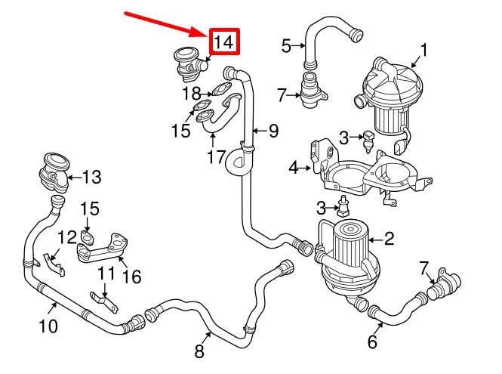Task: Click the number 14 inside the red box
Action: click(x=224, y=42)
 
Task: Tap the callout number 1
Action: click(x=423, y=51)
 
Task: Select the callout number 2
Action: click(x=390, y=240)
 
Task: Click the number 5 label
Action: click(x=286, y=46)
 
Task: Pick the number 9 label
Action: click(x=273, y=131)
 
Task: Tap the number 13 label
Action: click(x=91, y=178)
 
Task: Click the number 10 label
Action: click(x=48, y=327)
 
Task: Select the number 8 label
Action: click(x=199, y=351)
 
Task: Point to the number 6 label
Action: click(x=371, y=342)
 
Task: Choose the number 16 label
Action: click(x=131, y=277)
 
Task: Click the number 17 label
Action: click(x=217, y=157)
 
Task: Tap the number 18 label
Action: click(x=191, y=94)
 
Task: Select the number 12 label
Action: click(x=66, y=237)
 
